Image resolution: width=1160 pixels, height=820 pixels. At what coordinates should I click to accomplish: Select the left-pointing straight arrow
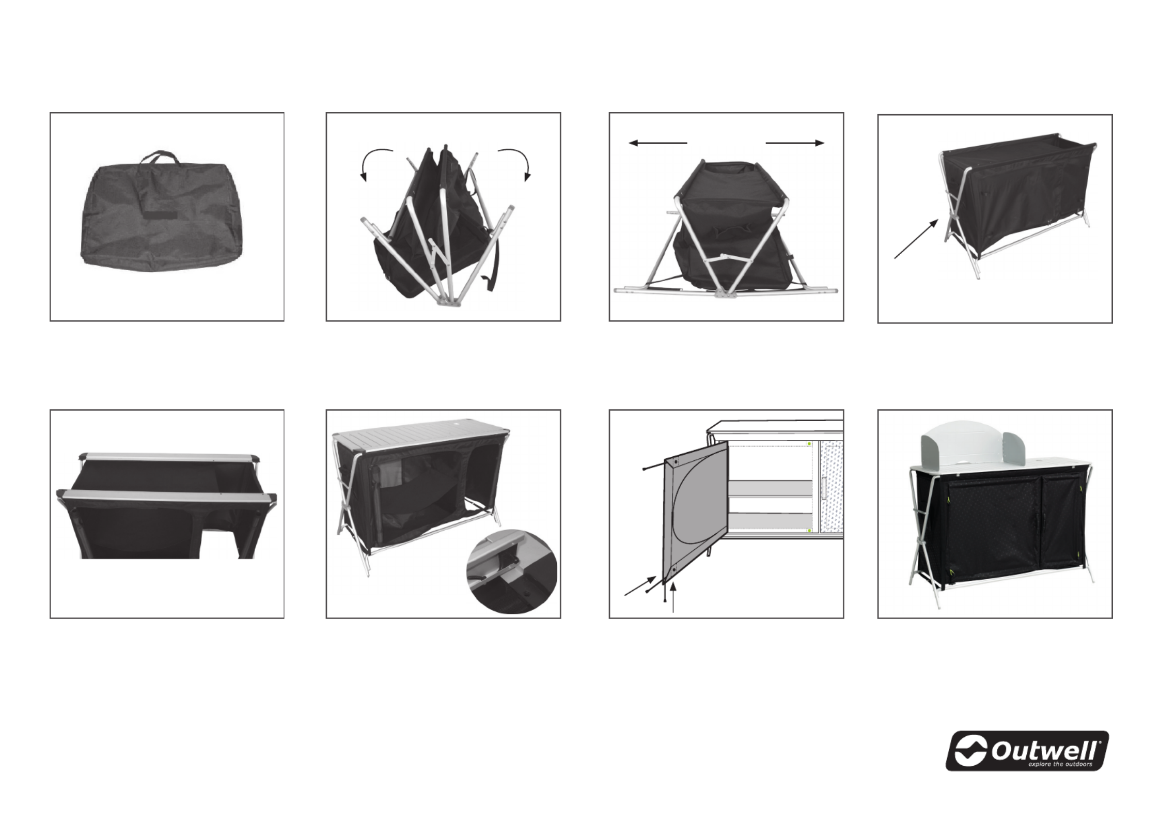click(658, 143)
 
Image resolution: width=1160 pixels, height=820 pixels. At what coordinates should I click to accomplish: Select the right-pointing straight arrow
click(795, 143)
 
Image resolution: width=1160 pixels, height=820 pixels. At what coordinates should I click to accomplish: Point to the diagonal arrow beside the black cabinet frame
click(916, 239)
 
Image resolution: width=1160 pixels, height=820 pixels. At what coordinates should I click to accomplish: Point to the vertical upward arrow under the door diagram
click(673, 597)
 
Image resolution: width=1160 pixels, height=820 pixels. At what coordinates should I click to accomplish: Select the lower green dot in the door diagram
click(809, 531)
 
